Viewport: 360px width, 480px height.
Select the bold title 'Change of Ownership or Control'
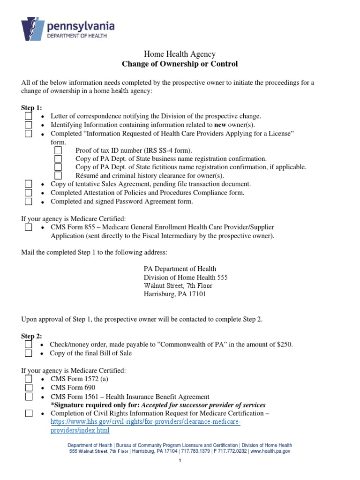point(180,64)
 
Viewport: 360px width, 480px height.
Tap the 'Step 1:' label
point(31,108)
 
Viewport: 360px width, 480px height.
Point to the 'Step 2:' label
point(31,336)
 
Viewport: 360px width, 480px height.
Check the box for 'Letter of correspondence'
point(29,116)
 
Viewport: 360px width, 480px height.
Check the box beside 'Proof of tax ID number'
point(58,150)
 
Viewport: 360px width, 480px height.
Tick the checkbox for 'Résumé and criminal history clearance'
point(58,176)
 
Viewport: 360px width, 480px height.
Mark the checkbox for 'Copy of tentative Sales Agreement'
point(29,184)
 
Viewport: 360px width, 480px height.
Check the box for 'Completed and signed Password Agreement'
point(29,202)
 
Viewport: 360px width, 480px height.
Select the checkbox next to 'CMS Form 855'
point(29,227)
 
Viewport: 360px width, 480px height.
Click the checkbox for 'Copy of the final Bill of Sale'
point(29,353)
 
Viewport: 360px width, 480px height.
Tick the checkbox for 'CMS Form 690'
point(29,388)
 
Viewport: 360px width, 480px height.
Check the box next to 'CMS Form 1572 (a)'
point(29,379)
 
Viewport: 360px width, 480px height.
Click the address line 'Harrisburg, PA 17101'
point(174,294)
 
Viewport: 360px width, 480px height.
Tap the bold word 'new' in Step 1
point(221,125)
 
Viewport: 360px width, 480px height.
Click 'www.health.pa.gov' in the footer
point(270,451)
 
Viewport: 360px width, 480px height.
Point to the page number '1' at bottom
point(180,461)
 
